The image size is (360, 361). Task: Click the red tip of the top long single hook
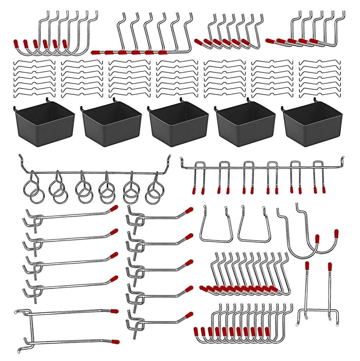(x=114, y=208)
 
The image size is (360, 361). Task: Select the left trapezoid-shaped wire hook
(x=216, y=226)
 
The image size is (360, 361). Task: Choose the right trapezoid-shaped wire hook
(x=254, y=226)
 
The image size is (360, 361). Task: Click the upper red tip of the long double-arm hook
(x=114, y=311)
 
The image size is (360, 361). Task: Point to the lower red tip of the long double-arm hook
(x=115, y=342)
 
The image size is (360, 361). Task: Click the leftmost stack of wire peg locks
(x=34, y=78)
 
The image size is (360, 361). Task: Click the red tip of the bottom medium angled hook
(x=189, y=315)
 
